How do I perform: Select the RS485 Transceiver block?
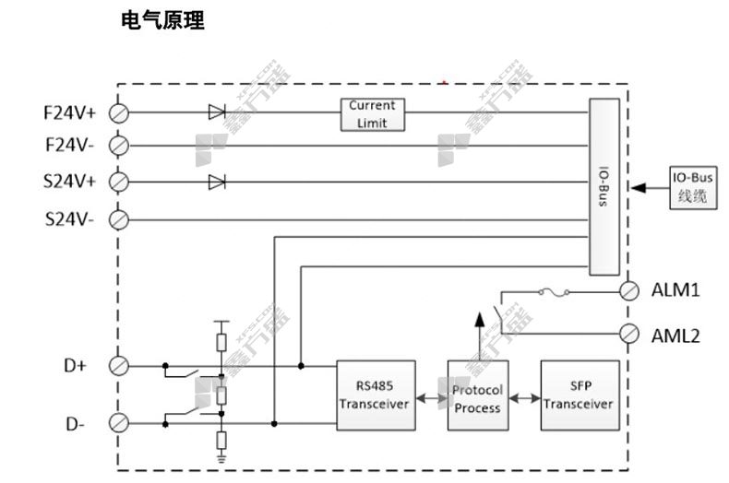click(374, 395)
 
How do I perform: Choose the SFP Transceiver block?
click(579, 395)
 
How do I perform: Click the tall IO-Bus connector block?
click(604, 187)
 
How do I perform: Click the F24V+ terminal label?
click(69, 113)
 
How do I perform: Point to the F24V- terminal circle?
click(119, 146)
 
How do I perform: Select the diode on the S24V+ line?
click(217, 182)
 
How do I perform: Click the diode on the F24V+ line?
click(217, 112)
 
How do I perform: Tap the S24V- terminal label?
click(69, 219)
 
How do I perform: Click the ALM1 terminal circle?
click(629, 290)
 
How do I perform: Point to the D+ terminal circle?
click(119, 366)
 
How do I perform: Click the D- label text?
click(75, 424)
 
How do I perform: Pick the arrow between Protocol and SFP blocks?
click(523, 398)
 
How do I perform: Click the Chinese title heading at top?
click(162, 20)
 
